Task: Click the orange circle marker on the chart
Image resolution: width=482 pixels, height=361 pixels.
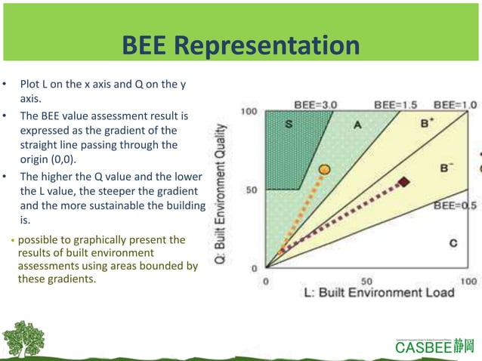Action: [x=324, y=170]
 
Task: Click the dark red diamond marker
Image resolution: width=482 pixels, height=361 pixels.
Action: [x=404, y=182]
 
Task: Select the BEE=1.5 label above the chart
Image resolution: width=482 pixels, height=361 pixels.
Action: [x=396, y=104]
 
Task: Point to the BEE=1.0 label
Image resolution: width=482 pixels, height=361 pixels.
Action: [x=455, y=104]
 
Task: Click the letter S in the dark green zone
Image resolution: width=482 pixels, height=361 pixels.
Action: [x=289, y=125]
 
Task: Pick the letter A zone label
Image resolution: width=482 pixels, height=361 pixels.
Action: [x=357, y=125]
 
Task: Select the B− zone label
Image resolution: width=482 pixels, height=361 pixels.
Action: [x=446, y=168]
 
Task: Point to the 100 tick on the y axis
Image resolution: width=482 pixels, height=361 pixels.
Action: [x=249, y=112]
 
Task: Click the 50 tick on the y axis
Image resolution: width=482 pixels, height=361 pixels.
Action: [x=252, y=190]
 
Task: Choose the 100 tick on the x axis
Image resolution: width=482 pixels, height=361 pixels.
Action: [x=468, y=280]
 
